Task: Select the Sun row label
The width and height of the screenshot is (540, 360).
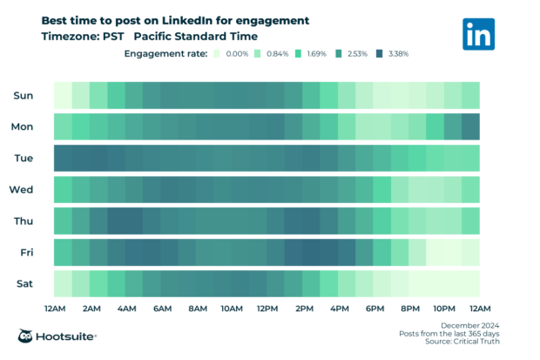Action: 24,95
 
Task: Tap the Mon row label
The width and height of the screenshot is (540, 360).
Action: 23,126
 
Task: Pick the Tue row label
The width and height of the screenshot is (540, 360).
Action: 24,158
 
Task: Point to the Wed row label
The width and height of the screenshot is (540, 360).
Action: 22,189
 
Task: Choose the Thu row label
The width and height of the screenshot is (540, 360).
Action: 23,221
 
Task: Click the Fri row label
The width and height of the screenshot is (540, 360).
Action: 24,252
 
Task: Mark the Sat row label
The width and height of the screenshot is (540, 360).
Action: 24,283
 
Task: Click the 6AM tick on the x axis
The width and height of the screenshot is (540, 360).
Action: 161,309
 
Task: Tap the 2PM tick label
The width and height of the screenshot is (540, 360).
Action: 303,309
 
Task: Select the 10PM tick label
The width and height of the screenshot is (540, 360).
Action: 444,309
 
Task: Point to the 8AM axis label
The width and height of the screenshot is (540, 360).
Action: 197,309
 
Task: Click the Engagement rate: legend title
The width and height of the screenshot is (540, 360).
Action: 165,54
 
